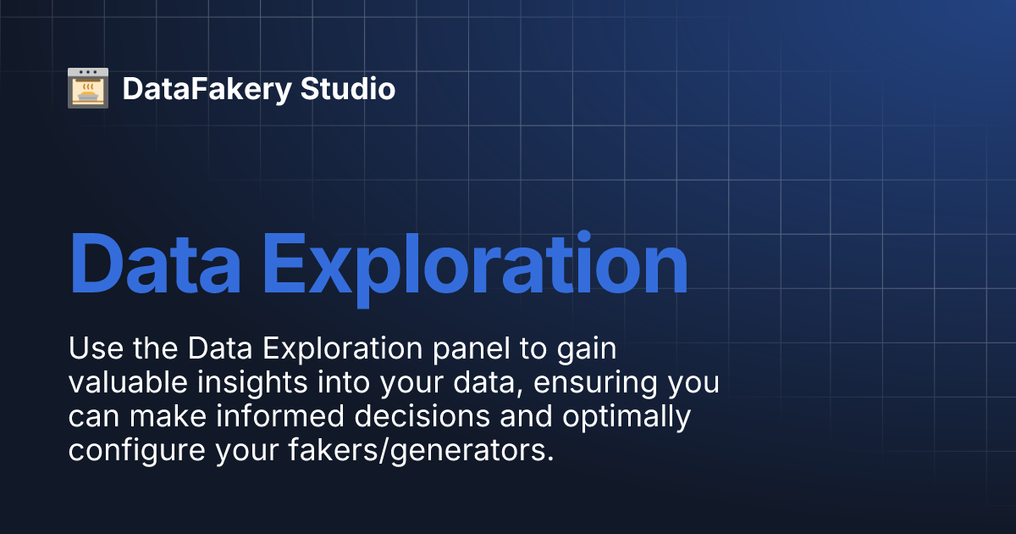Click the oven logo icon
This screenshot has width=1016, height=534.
click(x=88, y=88)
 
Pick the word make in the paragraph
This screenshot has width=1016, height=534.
click(x=164, y=416)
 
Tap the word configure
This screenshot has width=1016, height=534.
click(x=136, y=451)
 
